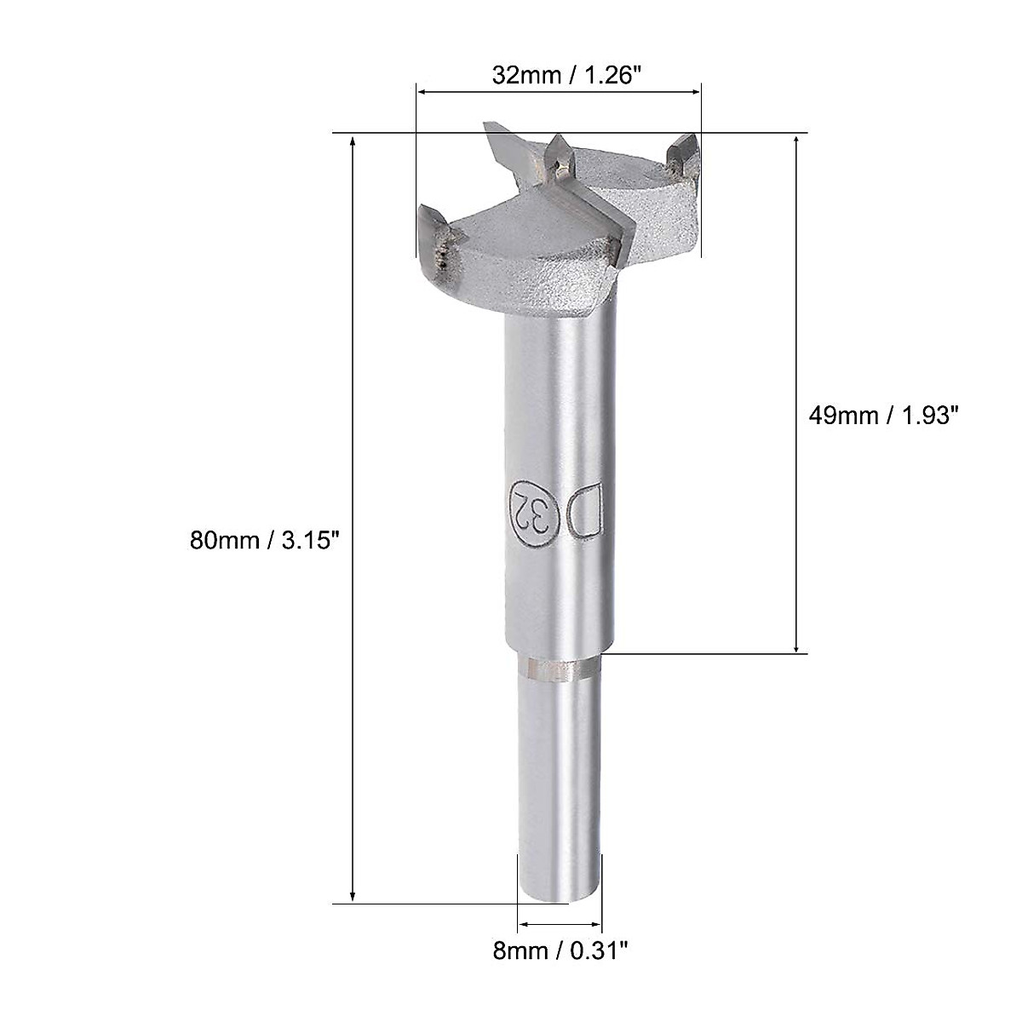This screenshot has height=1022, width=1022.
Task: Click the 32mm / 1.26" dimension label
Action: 566,75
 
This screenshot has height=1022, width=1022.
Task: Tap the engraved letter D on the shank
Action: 587,512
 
